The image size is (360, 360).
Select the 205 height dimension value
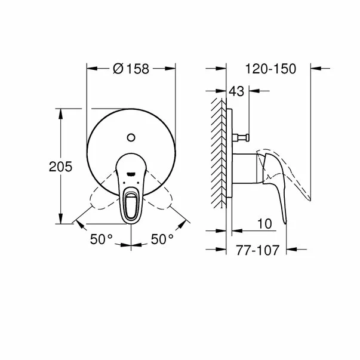pyautogui.click(x=60, y=168)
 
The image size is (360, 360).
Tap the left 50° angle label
pyautogui.click(x=101, y=240)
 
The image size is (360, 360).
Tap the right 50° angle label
pyautogui.click(x=161, y=240)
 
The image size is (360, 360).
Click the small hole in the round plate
pyautogui.click(x=131, y=139)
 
